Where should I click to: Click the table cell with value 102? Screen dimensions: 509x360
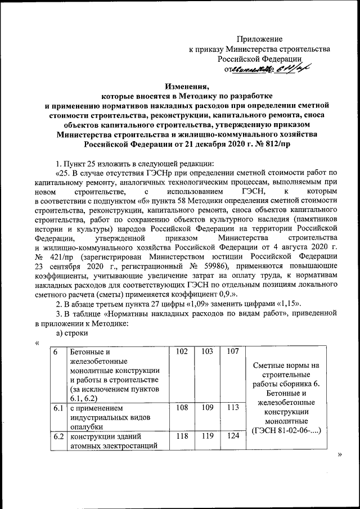(181, 352)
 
